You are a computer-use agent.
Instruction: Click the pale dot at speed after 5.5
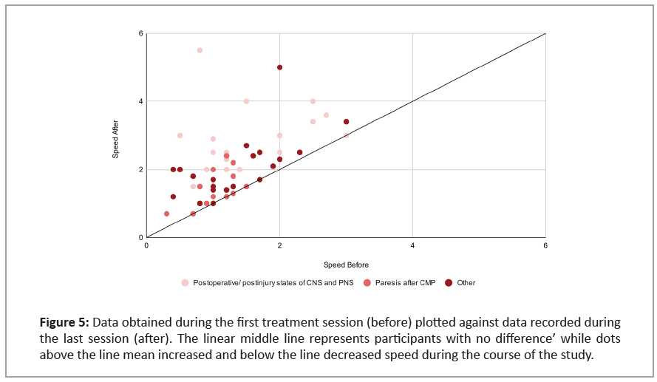[200, 50]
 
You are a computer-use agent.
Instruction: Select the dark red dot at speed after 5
[279, 67]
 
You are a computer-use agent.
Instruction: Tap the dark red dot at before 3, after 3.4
[346, 122]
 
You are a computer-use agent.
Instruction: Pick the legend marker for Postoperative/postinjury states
[185, 282]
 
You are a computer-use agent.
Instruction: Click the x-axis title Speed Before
[346, 265]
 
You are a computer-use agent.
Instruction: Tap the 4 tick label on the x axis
[412, 245]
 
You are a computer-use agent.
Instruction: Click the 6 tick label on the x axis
[545, 245]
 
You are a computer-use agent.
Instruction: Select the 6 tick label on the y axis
[140, 34]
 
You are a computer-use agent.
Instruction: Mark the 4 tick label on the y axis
[140, 101]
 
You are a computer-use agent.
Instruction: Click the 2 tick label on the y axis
[140, 169]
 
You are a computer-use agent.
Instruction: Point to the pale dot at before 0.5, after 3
[180, 135]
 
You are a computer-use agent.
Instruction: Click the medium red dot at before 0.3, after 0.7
[166, 214]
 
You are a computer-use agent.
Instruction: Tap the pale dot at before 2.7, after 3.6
[326, 115]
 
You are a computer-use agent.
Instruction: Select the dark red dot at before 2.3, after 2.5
[299, 152]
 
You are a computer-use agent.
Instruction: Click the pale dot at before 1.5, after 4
[246, 101]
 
